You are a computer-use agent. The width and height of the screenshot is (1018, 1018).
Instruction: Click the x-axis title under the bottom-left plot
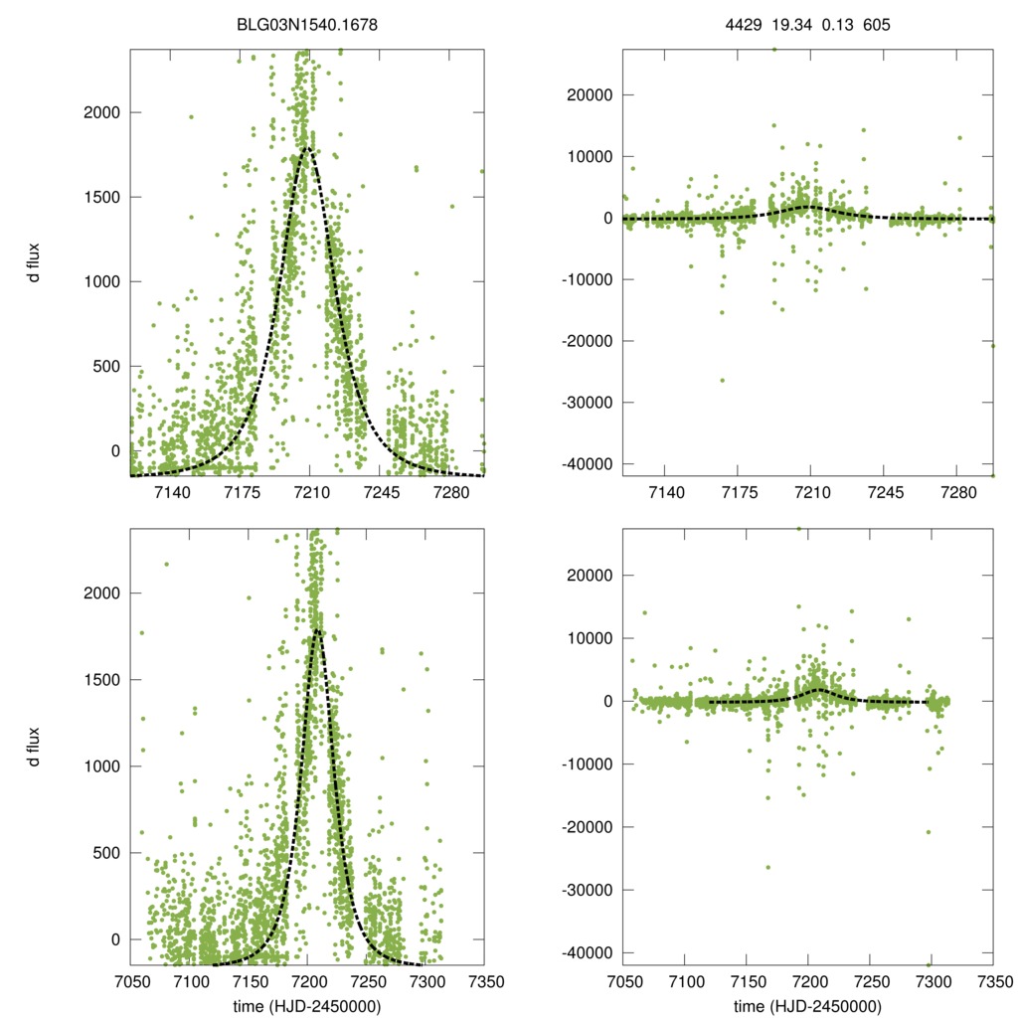[x=307, y=1006]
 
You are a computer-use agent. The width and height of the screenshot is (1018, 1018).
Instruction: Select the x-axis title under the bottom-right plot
[x=807, y=1006]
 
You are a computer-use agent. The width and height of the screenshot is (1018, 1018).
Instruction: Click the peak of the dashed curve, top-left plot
[x=306, y=148]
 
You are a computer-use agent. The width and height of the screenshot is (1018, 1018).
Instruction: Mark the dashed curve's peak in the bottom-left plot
[x=317, y=629]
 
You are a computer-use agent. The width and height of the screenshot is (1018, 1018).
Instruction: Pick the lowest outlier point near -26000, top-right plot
[x=723, y=380]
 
